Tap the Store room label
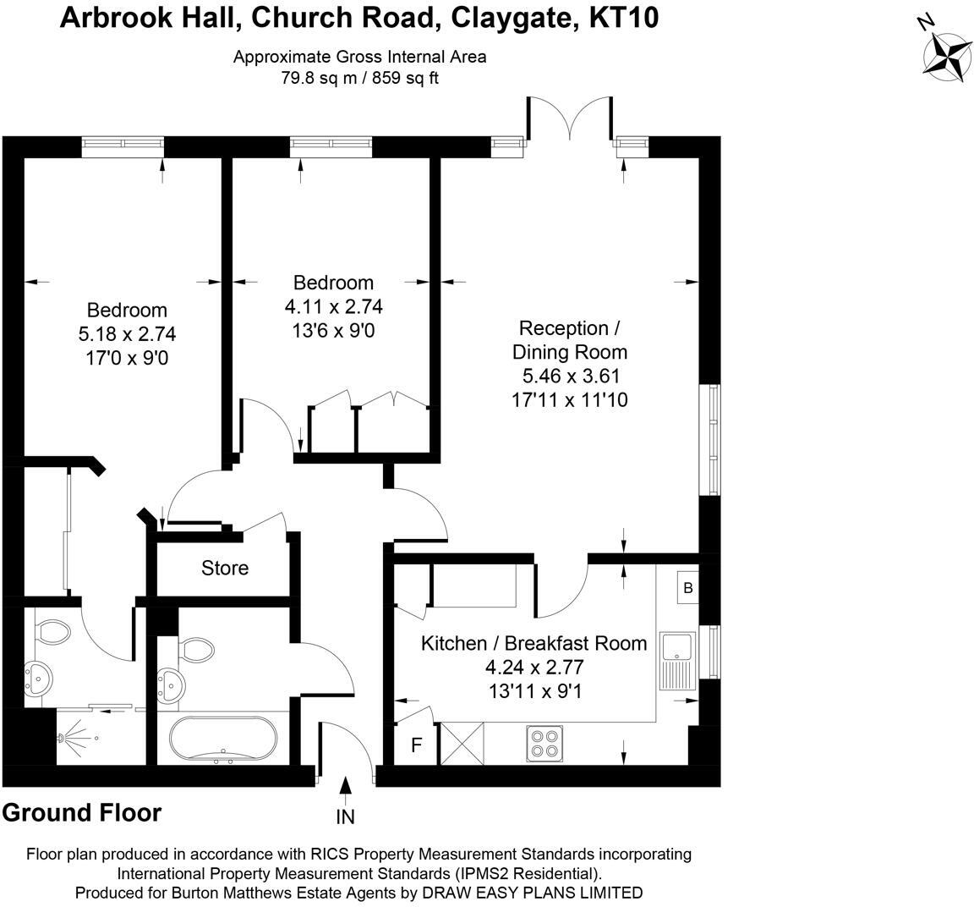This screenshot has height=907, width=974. [x=225, y=568]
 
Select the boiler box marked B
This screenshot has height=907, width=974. [x=687, y=587]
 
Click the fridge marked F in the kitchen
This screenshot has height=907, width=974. [x=417, y=744]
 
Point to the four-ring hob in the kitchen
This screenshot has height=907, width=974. [x=544, y=744]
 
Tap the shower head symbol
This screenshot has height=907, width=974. [x=61, y=738]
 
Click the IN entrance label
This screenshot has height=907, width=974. [x=345, y=816]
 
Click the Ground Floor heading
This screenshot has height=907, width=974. [x=82, y=813]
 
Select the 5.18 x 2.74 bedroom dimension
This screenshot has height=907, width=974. [x=127, y=334]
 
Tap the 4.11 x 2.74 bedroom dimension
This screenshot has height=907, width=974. [x=334, y=306]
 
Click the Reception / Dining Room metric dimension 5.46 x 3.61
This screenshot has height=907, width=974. [x=570, y=376]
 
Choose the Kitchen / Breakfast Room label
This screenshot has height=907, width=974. [x=534, y=643]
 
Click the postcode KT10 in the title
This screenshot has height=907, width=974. [x=623, y=18]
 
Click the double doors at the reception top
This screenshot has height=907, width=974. [x=570, y=118]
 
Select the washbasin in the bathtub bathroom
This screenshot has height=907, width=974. [x=170, y=685]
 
